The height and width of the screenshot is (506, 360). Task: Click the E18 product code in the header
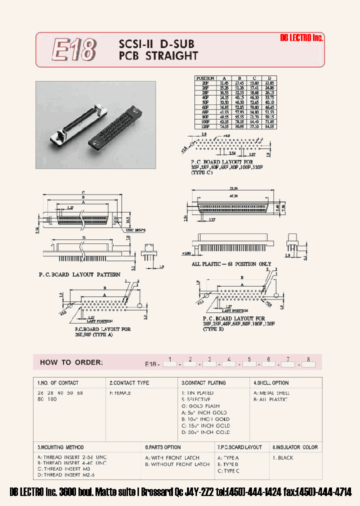74,50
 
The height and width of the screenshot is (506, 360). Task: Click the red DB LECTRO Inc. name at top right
301,38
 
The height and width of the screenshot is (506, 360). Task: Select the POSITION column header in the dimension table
205,78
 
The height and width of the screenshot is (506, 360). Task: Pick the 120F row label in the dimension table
205,127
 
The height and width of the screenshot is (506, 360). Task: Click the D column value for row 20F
269,82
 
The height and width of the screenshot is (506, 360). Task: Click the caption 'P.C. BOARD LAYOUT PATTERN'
79,274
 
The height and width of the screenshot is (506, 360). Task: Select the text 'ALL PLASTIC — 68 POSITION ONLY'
231,263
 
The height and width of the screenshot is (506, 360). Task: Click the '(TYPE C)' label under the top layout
202,172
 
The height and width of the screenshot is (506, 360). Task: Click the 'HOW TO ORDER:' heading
71,362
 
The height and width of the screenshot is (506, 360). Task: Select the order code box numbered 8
308,364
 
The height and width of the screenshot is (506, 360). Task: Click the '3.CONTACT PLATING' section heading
203,382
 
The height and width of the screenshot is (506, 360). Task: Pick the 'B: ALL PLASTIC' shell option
270,399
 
